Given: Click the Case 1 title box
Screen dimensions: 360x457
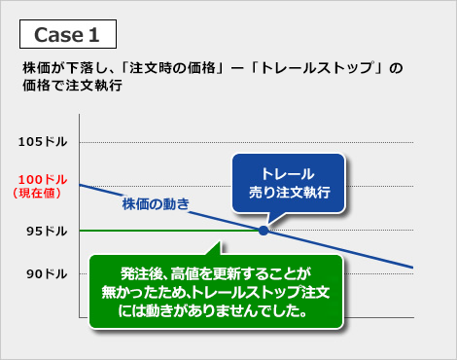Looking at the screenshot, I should click(x=68, y=34).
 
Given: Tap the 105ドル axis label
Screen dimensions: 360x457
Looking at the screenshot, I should click(x=43, y=142).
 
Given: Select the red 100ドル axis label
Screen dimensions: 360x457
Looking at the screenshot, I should click(x=43, y=180).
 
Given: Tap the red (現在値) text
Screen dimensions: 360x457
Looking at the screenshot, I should click(x=39, y=194).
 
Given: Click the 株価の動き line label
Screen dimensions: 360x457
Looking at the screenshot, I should click(x=155, y=203).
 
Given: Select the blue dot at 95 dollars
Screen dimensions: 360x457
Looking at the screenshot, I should click(x=264, y=230).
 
